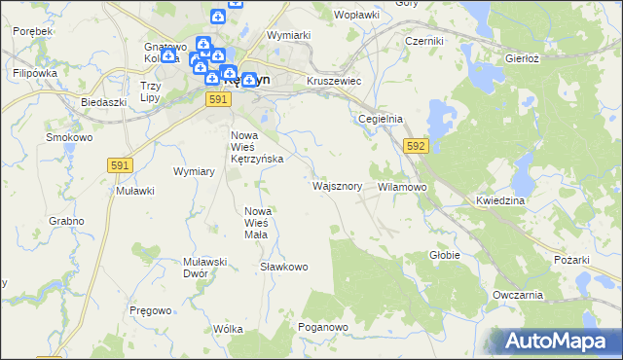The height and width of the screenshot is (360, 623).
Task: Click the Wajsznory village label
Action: (x=338, y=185)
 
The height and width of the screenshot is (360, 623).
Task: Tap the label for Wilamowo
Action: (x=402, y=186)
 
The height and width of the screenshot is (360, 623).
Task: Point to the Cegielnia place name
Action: (x=381, y=119)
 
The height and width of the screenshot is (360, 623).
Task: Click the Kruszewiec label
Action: (x=334, y=82)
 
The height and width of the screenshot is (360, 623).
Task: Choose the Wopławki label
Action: (x=355, y=16)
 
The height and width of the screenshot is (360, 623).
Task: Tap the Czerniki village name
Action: (x=424, y=42)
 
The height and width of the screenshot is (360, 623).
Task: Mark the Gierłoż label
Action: (x=523, y=58)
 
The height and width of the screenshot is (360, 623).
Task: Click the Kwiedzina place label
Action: (x=500, y=200)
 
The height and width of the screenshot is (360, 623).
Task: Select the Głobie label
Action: (x=444, y=255)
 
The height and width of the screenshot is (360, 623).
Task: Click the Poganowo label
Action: (x=323, y=328)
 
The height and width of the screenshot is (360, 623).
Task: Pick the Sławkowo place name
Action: (x=284, y=267)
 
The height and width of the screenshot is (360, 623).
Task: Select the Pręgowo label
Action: (x=150, y=309)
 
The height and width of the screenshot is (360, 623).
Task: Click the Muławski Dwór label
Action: (x=204, y=268)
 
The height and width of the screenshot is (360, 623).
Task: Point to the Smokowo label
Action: (x=69, y=137)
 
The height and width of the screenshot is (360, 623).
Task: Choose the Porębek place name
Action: (x=32, y=32)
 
